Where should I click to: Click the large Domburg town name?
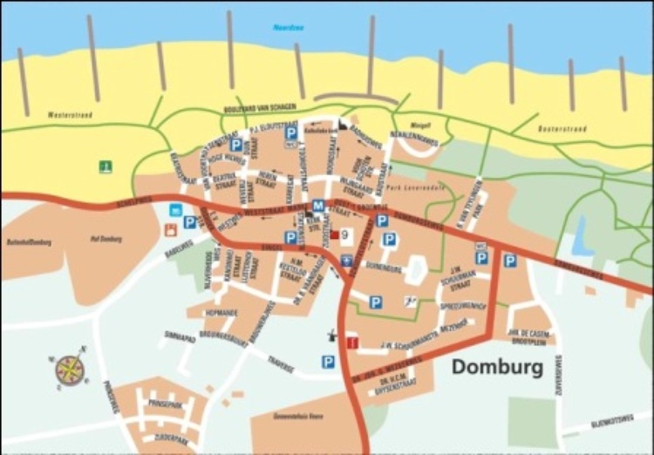coord(497,367)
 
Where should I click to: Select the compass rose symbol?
coord(69,370)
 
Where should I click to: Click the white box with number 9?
coord(346,234)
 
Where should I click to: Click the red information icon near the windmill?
coord(351,342)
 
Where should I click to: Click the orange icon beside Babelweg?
coord(170,230)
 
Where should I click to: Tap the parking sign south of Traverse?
coord(328,361)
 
